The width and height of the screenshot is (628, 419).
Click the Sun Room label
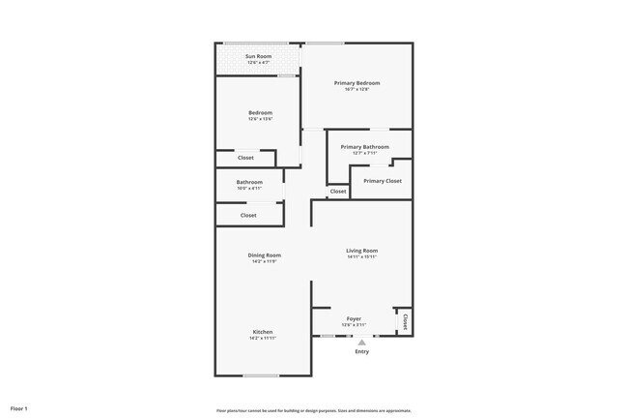pyautogui.click(x=256, y=56)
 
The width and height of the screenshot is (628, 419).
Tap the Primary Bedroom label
pyautogui.click(x=357, y=83)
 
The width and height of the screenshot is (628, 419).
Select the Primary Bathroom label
pyautogui.click(x=364, y=147)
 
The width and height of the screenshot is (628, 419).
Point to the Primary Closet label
pyautogui.click(x=382, y=181)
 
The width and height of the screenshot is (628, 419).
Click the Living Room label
pyautogui.click(x=361, y=251)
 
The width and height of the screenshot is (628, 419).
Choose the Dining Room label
pyautogui.click(x=264, y=255)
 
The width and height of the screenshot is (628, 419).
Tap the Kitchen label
pyautogui.click(x=263, y=332)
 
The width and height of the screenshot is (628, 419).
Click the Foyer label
pyautogui.click(x=354, y=318)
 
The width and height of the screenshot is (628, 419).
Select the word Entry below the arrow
pyautogui.click(x=361, y=351)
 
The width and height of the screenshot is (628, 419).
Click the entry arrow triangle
pyautogui.click(x=361, y=342)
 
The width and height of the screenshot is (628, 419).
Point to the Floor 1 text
pyautogui.click(x=19, y=409)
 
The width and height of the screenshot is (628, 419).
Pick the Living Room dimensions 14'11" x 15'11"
pyautogui.click(x=361, y=257)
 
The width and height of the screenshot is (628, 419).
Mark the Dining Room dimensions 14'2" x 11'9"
pyautogui.click(x=264, y=261)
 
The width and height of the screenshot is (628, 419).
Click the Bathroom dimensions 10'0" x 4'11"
pyautogui.click(x=249, y=188)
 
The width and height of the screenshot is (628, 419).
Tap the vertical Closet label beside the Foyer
pyautogui.click(x=405, y=322)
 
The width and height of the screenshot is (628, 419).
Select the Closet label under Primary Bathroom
pyautogui.click(x=337, y=192)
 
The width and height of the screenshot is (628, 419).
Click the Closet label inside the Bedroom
pyautogui.click(x=245, y=158)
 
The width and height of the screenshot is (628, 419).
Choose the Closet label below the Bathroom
pyautogui.click(x=248, y=216)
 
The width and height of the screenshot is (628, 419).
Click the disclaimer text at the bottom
pyautogui.click(x=314, y=410)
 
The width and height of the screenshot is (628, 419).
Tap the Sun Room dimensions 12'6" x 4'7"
pyautogui.click(x=256, y=63)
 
